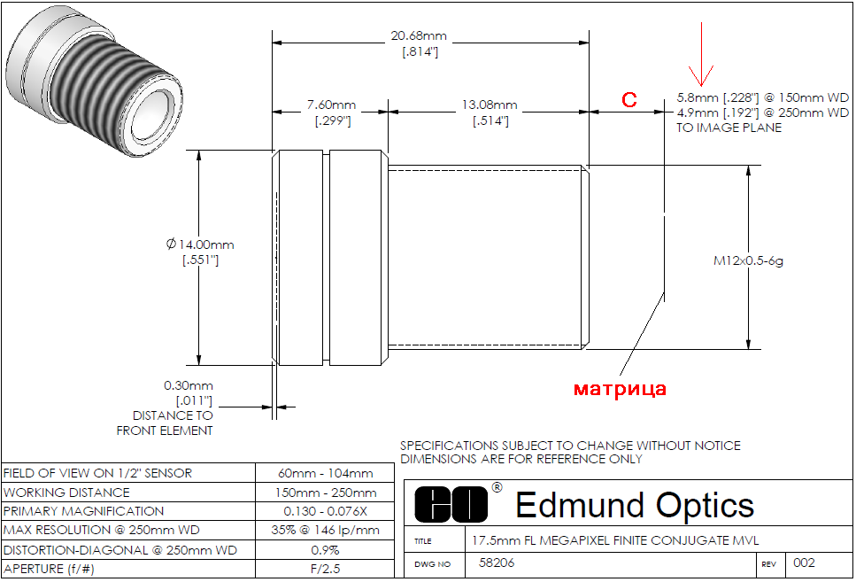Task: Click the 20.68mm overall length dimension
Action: point(419,36)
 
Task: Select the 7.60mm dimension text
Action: point(331,105)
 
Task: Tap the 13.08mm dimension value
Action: point(490,105)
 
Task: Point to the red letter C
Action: point(629,99)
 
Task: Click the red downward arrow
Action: point(701,54)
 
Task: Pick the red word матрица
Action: point(620,389)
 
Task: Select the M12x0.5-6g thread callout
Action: point(748,260)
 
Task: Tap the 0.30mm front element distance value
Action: point(189,386)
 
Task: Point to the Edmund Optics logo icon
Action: point(451,504)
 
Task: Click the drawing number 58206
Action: point(497,563)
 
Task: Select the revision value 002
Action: point(804,563)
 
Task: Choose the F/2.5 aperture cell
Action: point(326,569)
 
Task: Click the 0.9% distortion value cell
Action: point(326,550)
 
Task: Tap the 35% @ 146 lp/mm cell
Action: point(326,530)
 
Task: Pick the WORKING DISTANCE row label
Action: point(66,493)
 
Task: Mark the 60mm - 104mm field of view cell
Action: point(326,473)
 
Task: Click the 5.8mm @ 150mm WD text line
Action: point(763,97)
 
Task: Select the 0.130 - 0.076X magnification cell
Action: point(326,511)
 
